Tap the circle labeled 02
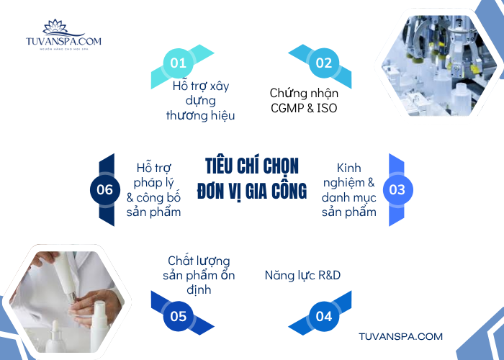coord(324,63)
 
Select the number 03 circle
coord(397,190)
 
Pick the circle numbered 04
coord(324,316)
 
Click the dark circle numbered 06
coord(105,190)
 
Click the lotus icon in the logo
coord(54,27)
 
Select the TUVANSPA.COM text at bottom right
coord(400,336)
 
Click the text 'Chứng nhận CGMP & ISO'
coord(304,101)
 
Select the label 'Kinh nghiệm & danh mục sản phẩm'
coord(349,189)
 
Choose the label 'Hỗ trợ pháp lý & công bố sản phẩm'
coord(153,189)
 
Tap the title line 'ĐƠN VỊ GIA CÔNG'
coord(252,191)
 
